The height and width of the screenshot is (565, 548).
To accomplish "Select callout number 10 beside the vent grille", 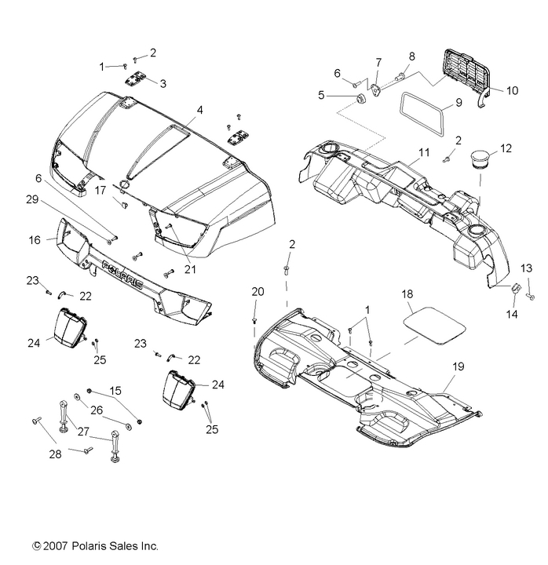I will (511, 91).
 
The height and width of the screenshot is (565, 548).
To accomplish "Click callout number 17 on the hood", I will (122, 189).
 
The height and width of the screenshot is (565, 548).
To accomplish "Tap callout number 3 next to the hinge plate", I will (163, 84).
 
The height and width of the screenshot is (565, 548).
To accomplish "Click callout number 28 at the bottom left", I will (33, 454).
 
